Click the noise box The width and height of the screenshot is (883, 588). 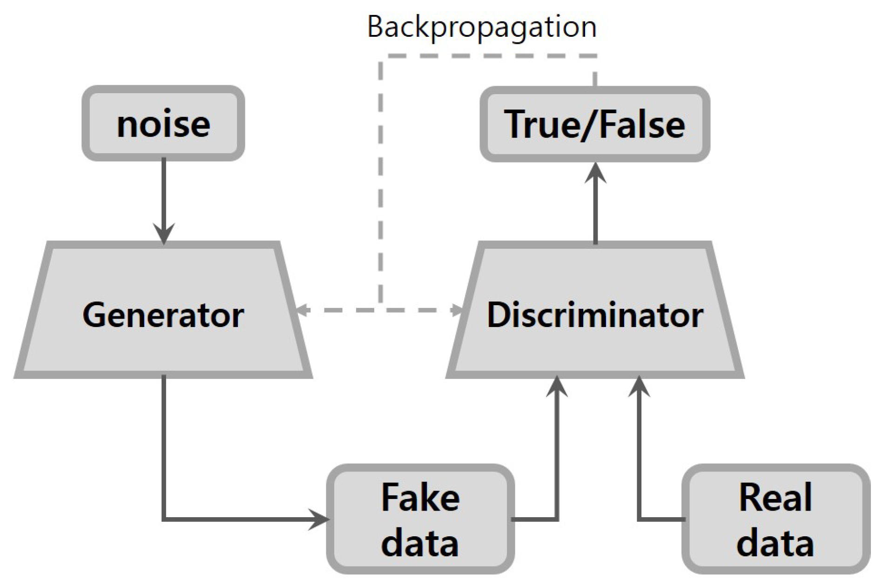[x=163, y=123]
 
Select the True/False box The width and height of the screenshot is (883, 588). [x=594, y=124]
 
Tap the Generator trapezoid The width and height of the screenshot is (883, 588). [x=163, y=315]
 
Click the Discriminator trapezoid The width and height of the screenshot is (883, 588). [x=594, y=315]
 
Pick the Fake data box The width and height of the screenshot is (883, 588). [x=420, y=519]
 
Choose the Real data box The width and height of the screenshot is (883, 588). [x=775, y=519]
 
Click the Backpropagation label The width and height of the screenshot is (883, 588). [x=482, y=27]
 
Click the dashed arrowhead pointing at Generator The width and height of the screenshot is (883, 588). [x=303, y=310]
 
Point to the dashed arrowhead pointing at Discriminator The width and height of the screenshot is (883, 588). [x=458, y=310]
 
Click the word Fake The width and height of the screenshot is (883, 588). [x=420, y=498]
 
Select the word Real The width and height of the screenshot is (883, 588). [x=775, y=498]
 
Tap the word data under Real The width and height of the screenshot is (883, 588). [x=775, y=543]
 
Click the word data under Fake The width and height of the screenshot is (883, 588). [x=420, y=543]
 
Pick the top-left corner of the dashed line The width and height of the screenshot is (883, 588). [x=381, y=56]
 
